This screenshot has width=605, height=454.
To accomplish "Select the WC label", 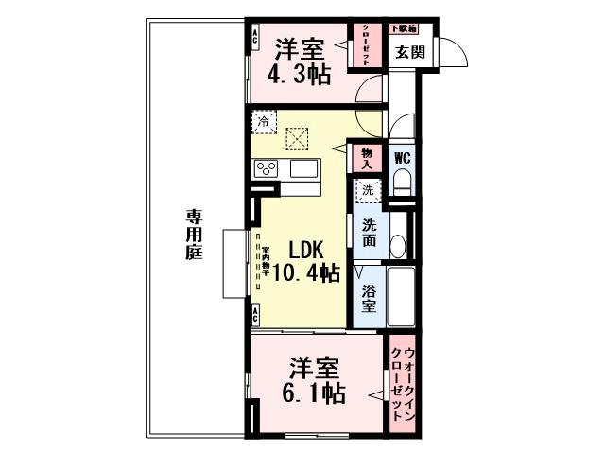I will (401, 158).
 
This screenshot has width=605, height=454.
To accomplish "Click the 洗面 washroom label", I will (370, 233).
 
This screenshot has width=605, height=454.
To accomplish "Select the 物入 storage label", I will (367, 159).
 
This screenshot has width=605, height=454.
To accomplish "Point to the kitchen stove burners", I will (266, 169).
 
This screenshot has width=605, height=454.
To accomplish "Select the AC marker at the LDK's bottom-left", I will (255, 312).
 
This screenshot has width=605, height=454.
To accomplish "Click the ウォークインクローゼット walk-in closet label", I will (402, 384).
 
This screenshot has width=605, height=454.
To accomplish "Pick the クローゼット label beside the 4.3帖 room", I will (361, 44).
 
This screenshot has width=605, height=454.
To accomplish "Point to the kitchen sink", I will (304, 169).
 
